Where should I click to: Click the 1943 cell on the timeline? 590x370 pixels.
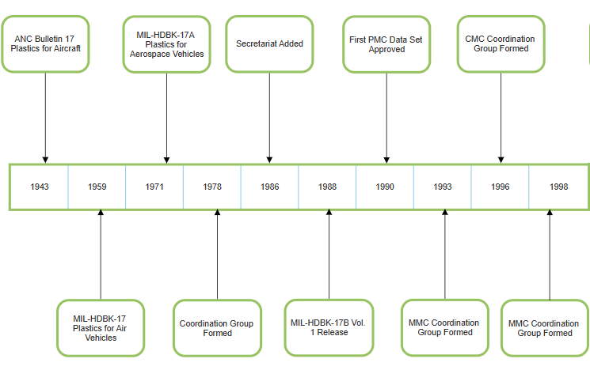click(x=39, y=187)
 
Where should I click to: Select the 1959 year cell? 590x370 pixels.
click(x=97, y=187)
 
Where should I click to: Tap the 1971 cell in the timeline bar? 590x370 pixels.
click(x=155, y=187)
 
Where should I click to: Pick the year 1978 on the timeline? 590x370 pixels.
click(x=212, y=187)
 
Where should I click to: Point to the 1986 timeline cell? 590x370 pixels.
click(x=270, y=187)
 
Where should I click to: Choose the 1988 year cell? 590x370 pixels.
click(x=328, y=187)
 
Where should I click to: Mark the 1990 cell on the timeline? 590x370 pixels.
click(x=386, y=187)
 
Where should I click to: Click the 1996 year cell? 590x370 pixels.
click(x=501, y=187)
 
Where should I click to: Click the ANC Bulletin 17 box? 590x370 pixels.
click(x=46, y=43)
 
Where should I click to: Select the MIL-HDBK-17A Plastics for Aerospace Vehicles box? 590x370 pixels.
click(x=168, y=43)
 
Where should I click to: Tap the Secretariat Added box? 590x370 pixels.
click(x=269, y=43)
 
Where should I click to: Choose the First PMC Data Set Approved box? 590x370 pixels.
click(x=386, y=43)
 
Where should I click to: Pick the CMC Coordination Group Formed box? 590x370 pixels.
click(x=501, y=43)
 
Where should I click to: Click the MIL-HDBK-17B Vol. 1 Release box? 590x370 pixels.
click(x=329, y=327)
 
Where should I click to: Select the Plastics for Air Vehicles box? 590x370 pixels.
click(x=101, y=327)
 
